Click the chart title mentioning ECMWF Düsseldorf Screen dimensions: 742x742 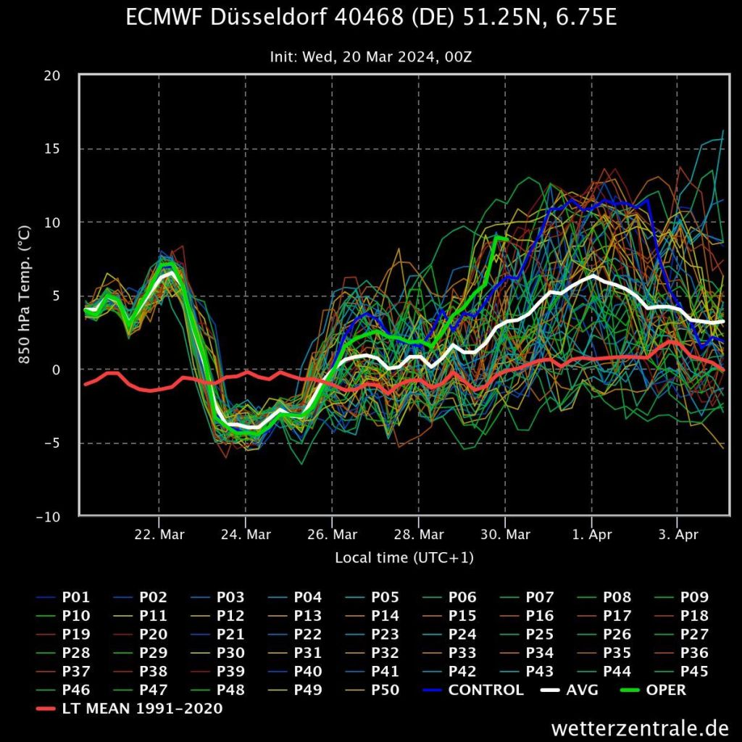[371, 17]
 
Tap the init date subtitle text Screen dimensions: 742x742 [371, 57]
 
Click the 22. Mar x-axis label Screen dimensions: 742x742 [159, 535]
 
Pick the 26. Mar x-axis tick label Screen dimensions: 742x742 [332, 535]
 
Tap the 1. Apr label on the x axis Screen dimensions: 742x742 [592, 535]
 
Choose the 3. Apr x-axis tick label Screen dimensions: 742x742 [678, 535]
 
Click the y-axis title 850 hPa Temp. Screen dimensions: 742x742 [23, 296]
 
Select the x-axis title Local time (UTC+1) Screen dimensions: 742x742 [404, 558]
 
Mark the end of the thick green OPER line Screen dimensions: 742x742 [507, 238]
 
